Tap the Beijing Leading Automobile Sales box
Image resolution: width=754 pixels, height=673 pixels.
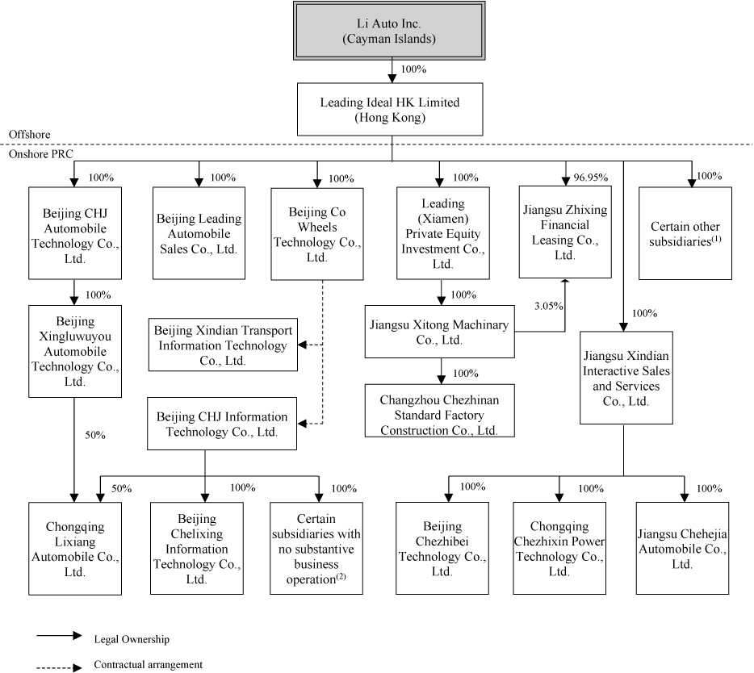coord(198,233)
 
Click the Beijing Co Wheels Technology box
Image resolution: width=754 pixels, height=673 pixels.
coord(316,233)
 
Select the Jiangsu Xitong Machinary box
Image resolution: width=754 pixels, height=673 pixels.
coord(439,331)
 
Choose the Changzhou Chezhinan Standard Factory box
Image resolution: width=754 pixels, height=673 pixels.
coord(439,411)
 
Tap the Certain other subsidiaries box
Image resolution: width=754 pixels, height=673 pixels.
coord(685,233)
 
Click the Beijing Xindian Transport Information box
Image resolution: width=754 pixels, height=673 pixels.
coord(222,345)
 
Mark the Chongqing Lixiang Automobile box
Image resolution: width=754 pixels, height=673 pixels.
coord(75,548)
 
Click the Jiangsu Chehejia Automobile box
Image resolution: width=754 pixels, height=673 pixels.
coord(682,548)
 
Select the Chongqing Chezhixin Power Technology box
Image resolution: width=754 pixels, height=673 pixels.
coord(559,548)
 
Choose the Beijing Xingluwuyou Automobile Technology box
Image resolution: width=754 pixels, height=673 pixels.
coord(75,351)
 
